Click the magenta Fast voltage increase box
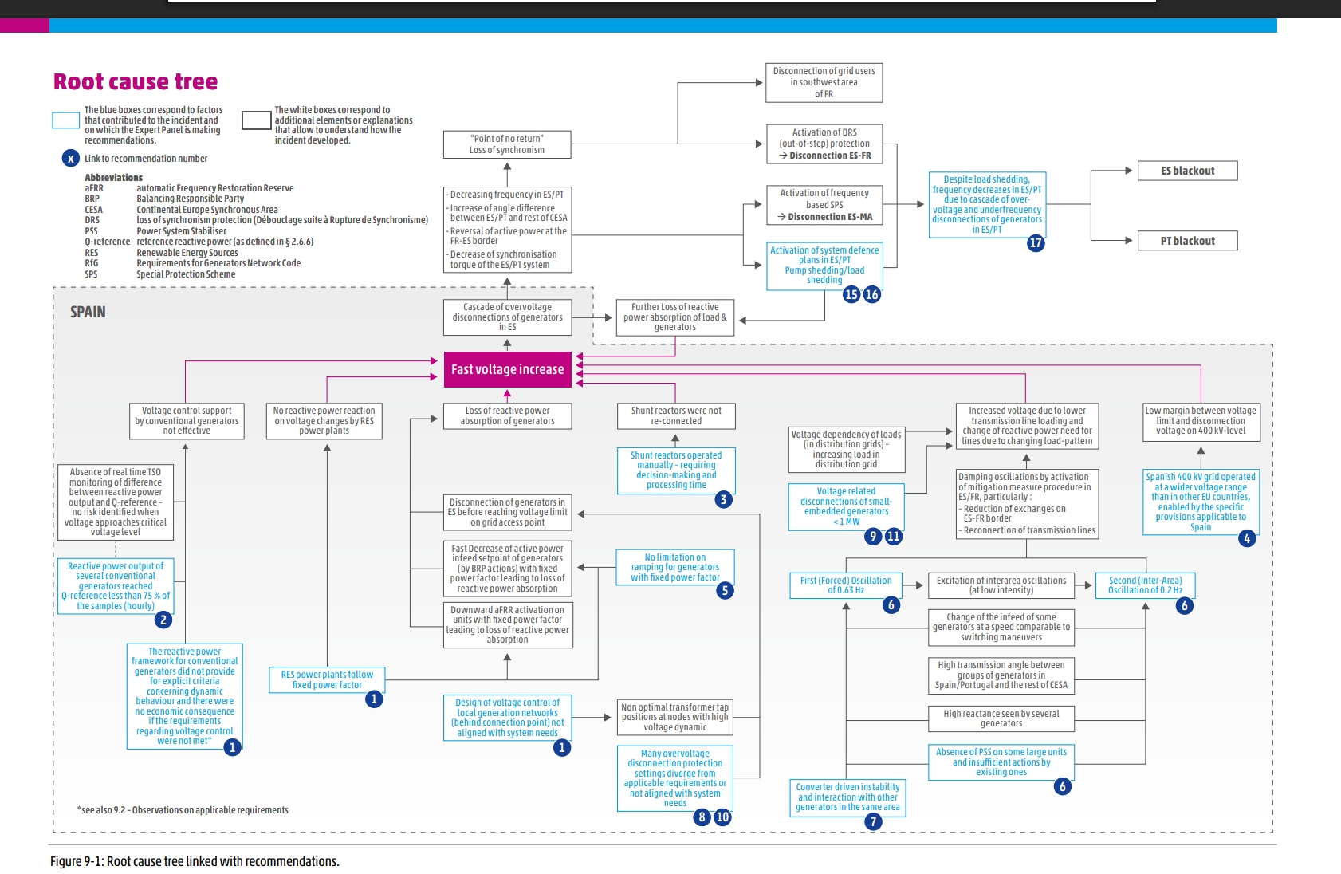coord(507,369)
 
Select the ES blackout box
coord(1187,171)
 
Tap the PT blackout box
coord(1187,241)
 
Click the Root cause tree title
coord(136,81)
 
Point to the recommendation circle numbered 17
coord(1036,243)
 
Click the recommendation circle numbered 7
coord(874,821)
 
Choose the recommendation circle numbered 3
coord(723,500)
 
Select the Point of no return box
coord(507,144)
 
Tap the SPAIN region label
coord(88,312)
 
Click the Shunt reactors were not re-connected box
coord(676,415)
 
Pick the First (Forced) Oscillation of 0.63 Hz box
coord(846,585)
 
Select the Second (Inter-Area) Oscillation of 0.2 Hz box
coord(1145,585)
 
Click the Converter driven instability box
coord(847,797)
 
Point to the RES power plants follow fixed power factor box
coord(327,679)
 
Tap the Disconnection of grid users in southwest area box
coord(824,82)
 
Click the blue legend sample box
coord(65,120)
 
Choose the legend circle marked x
coord(71,158)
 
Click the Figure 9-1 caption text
coord(195,861)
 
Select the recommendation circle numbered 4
coord(1247,538)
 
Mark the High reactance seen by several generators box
coord(1001,718)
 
